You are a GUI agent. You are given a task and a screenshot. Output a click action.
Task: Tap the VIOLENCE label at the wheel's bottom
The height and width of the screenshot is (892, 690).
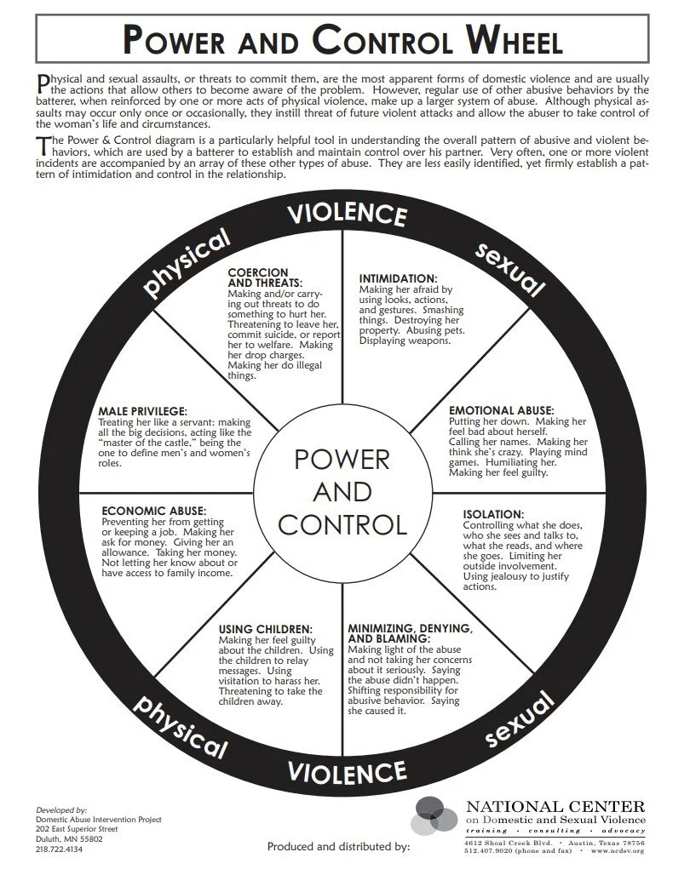tap(346, 772)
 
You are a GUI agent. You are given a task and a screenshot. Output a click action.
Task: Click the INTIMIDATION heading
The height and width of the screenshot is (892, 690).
tap(398, 278)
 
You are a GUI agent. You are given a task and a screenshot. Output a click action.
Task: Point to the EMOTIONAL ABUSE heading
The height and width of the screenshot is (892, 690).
tap(502, 410)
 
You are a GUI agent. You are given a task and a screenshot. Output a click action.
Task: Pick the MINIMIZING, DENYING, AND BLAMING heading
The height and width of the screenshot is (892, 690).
tap(410, 633)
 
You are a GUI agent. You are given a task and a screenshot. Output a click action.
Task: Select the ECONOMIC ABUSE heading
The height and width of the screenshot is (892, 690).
tap(154, 511)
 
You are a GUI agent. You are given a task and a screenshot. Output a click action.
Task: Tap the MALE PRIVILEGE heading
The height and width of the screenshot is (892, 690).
tap(143, 412)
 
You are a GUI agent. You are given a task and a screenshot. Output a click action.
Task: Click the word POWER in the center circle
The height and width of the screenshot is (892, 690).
tap(342, 460)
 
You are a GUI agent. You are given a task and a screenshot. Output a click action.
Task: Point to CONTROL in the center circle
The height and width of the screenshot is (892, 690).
tap(342, 523)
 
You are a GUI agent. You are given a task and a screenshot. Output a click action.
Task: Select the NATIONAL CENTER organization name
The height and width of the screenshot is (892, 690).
tap(555, 805)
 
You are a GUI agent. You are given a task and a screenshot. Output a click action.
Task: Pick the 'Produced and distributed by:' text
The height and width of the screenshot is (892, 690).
tap(338, 847)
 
